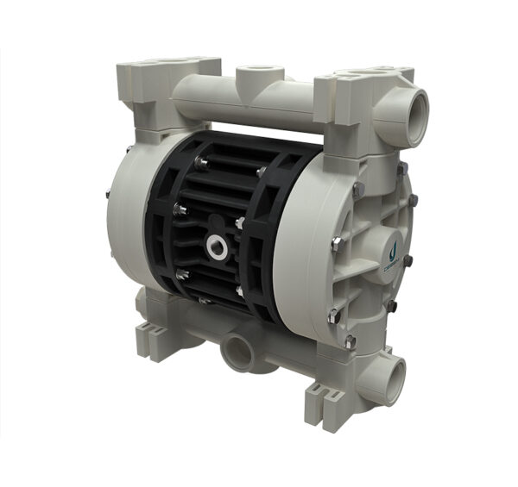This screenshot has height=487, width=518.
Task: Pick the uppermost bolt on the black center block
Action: [200, 161]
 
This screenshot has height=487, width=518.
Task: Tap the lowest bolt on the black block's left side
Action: [182, 275]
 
